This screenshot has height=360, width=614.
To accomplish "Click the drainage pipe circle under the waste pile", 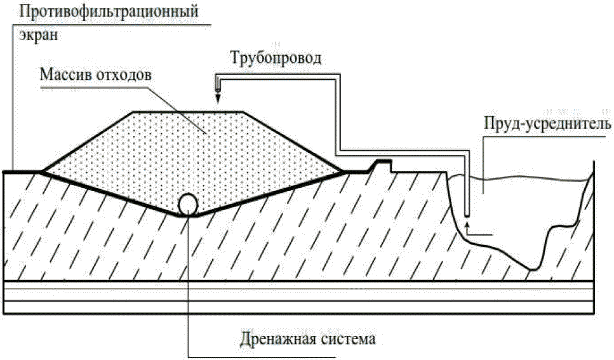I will coord(188,204).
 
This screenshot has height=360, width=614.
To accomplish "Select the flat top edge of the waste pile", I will coord(187,112).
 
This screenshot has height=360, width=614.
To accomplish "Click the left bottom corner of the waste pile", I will coord(41,171).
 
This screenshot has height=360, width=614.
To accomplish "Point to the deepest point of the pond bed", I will coord(532,269).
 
